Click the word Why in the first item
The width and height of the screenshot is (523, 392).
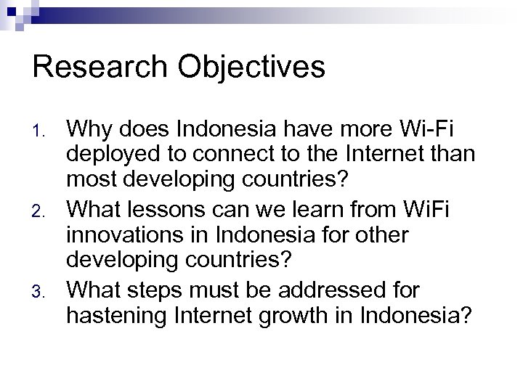(x=89, y=131)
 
